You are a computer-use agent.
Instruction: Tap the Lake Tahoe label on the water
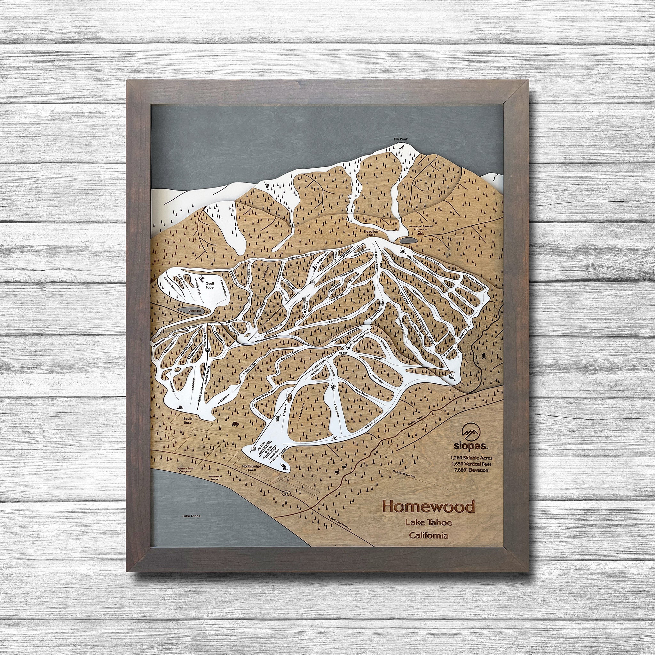tap(191, 516)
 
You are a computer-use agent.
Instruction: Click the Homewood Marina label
tap(215, 478)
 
